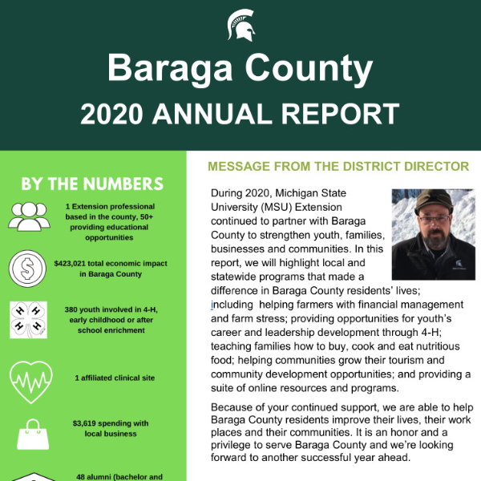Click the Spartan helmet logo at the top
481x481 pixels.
pyautogui.click(x=240, y=25)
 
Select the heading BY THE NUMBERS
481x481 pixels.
pyautogui.click(x=92, y=184)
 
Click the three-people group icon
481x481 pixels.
pyautogui.click(x=29, y=216)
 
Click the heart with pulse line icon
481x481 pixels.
pyautogui.click(x=29, y=377)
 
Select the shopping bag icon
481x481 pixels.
pyautogui.click(x=29, y=433)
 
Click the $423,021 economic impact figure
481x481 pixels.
pyautogui.click(x=75, y=262)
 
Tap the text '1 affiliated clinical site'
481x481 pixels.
pyautogui.click(x=115, y=378)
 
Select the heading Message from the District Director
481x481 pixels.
pyautogui.click(x=338, y=167)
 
